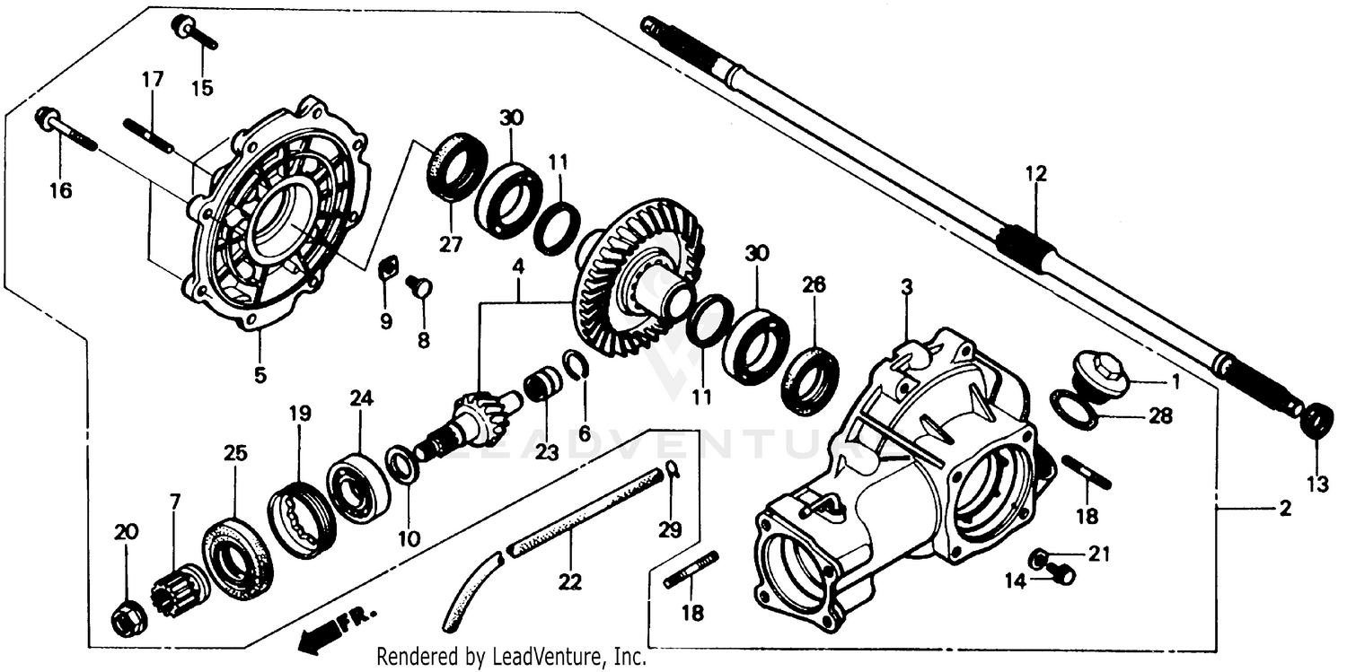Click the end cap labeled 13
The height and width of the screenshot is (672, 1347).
pos(1316,420)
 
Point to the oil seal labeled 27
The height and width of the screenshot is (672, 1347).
pos(456,167)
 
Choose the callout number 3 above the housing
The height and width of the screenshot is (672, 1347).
pos(907,287)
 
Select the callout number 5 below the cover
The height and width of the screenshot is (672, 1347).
pos(260,376)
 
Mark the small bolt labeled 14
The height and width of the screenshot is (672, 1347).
pos(1062,572)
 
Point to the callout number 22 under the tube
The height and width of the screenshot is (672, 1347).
pos(569,582)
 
